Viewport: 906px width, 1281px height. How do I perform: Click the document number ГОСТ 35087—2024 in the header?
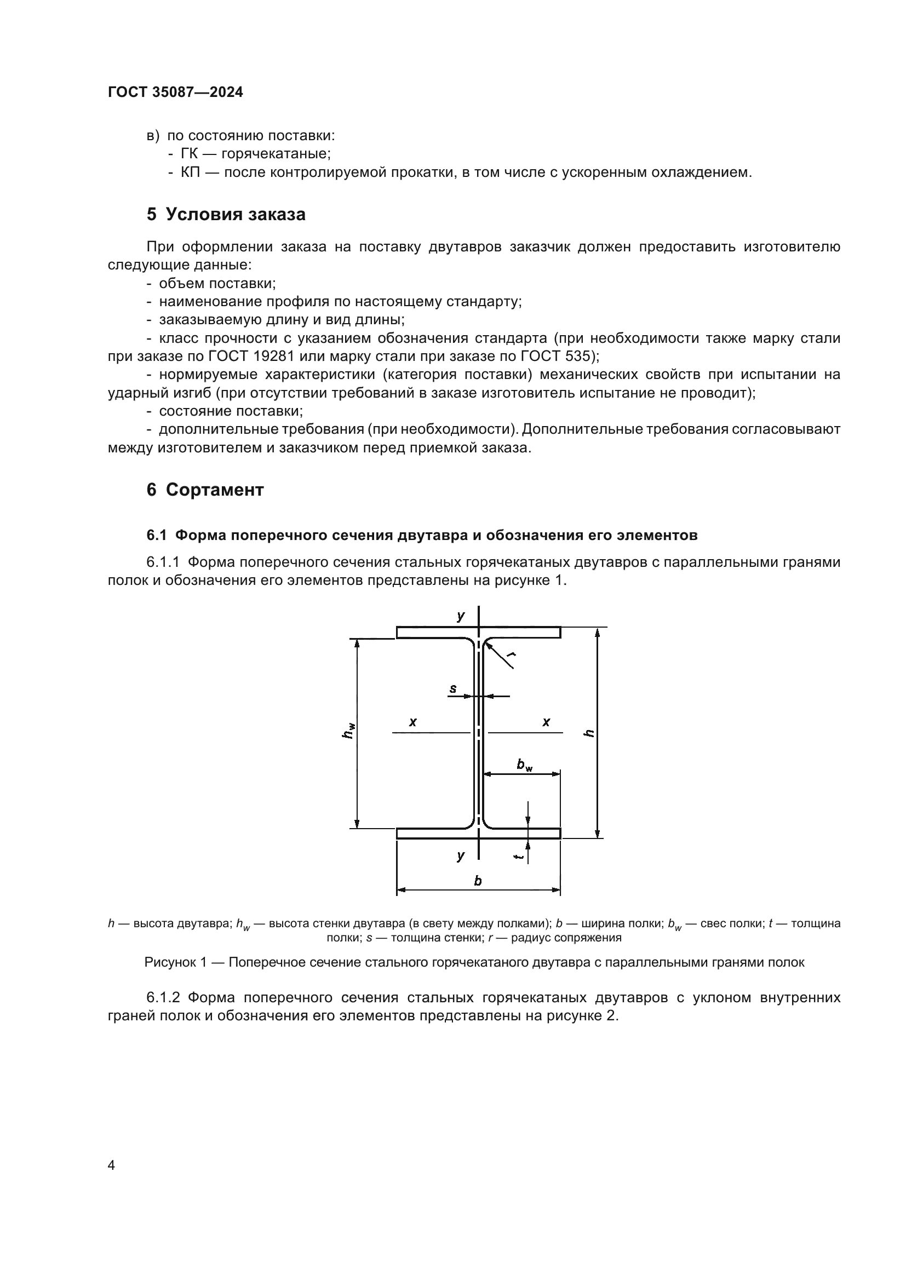(x=175, y=92)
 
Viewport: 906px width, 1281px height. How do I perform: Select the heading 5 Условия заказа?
(x=226, y=214)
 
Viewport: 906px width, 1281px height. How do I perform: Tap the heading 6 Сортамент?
(x=205, y=489)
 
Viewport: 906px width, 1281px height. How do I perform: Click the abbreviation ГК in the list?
(x=189, y=153)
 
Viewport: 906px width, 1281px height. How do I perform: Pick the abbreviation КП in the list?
(x=190, y=172)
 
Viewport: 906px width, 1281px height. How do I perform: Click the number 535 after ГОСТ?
(x=577, y=356)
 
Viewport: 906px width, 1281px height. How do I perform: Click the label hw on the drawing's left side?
(x=348, y=731)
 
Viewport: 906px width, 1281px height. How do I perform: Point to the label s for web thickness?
(x=453, y=688)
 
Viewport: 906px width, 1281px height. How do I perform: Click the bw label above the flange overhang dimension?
(x=524, y=765)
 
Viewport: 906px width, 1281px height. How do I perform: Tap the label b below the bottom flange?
(x=478, y=881)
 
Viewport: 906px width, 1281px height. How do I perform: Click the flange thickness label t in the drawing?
(x=518, y=857)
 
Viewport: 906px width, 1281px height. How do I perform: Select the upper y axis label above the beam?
(x=461, y=616)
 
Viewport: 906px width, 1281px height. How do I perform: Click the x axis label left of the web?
(x=413, y=722)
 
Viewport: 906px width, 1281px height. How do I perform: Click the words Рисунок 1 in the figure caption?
(x=175, y=962)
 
